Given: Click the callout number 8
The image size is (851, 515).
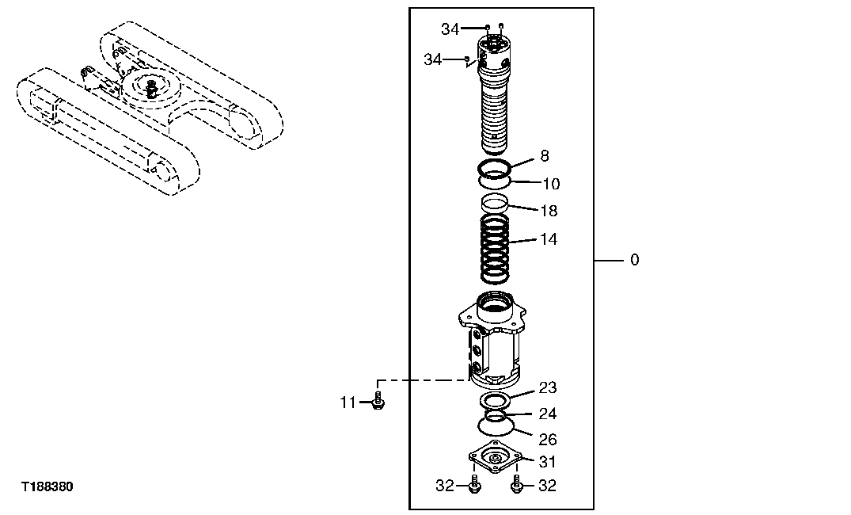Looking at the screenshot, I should pyautogui.click(x=545, y=157).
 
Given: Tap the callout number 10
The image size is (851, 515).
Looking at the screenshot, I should pyautogui.click(x=551, y=184).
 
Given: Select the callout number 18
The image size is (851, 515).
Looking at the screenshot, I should pyautogui.click(x=548, y=211).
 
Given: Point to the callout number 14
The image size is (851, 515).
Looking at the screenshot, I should pyautogui.click(x=548, y=239).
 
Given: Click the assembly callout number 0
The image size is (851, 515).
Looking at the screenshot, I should pyautogui.click(x=634, y=260).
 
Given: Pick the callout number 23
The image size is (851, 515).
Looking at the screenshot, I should pyautogui.click(x=548, y=387).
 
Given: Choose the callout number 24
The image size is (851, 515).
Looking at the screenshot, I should pyautogui.click(x=548, y=414).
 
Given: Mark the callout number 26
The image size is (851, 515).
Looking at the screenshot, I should pyautogui.click(x=548, y=440).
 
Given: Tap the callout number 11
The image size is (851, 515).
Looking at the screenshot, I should pyautogui.click(x=348, y=403).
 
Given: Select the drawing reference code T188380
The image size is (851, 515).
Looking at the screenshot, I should pyautogui.click(x=47, y=486).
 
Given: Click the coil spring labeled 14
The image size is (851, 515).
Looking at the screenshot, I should pyautogui.click(x=496, y=249).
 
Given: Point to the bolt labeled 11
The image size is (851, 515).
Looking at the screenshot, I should pyautogui.click(x=378, y=401).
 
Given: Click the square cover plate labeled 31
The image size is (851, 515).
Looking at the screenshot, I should pyautogui.click(x=496, y=458).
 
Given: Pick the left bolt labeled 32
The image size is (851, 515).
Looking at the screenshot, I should pyautogui.click(x=473, y=486).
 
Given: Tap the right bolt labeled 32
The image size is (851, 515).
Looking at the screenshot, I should pyautogui.click(x=516, y=484).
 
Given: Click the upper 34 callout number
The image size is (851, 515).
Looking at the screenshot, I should pyautogui.click(x=450, y=29).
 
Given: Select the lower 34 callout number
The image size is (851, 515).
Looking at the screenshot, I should pyautogui.click(x=432, y=59).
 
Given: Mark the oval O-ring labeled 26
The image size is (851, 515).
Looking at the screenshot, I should pyautogui.click(x=496, y=427).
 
